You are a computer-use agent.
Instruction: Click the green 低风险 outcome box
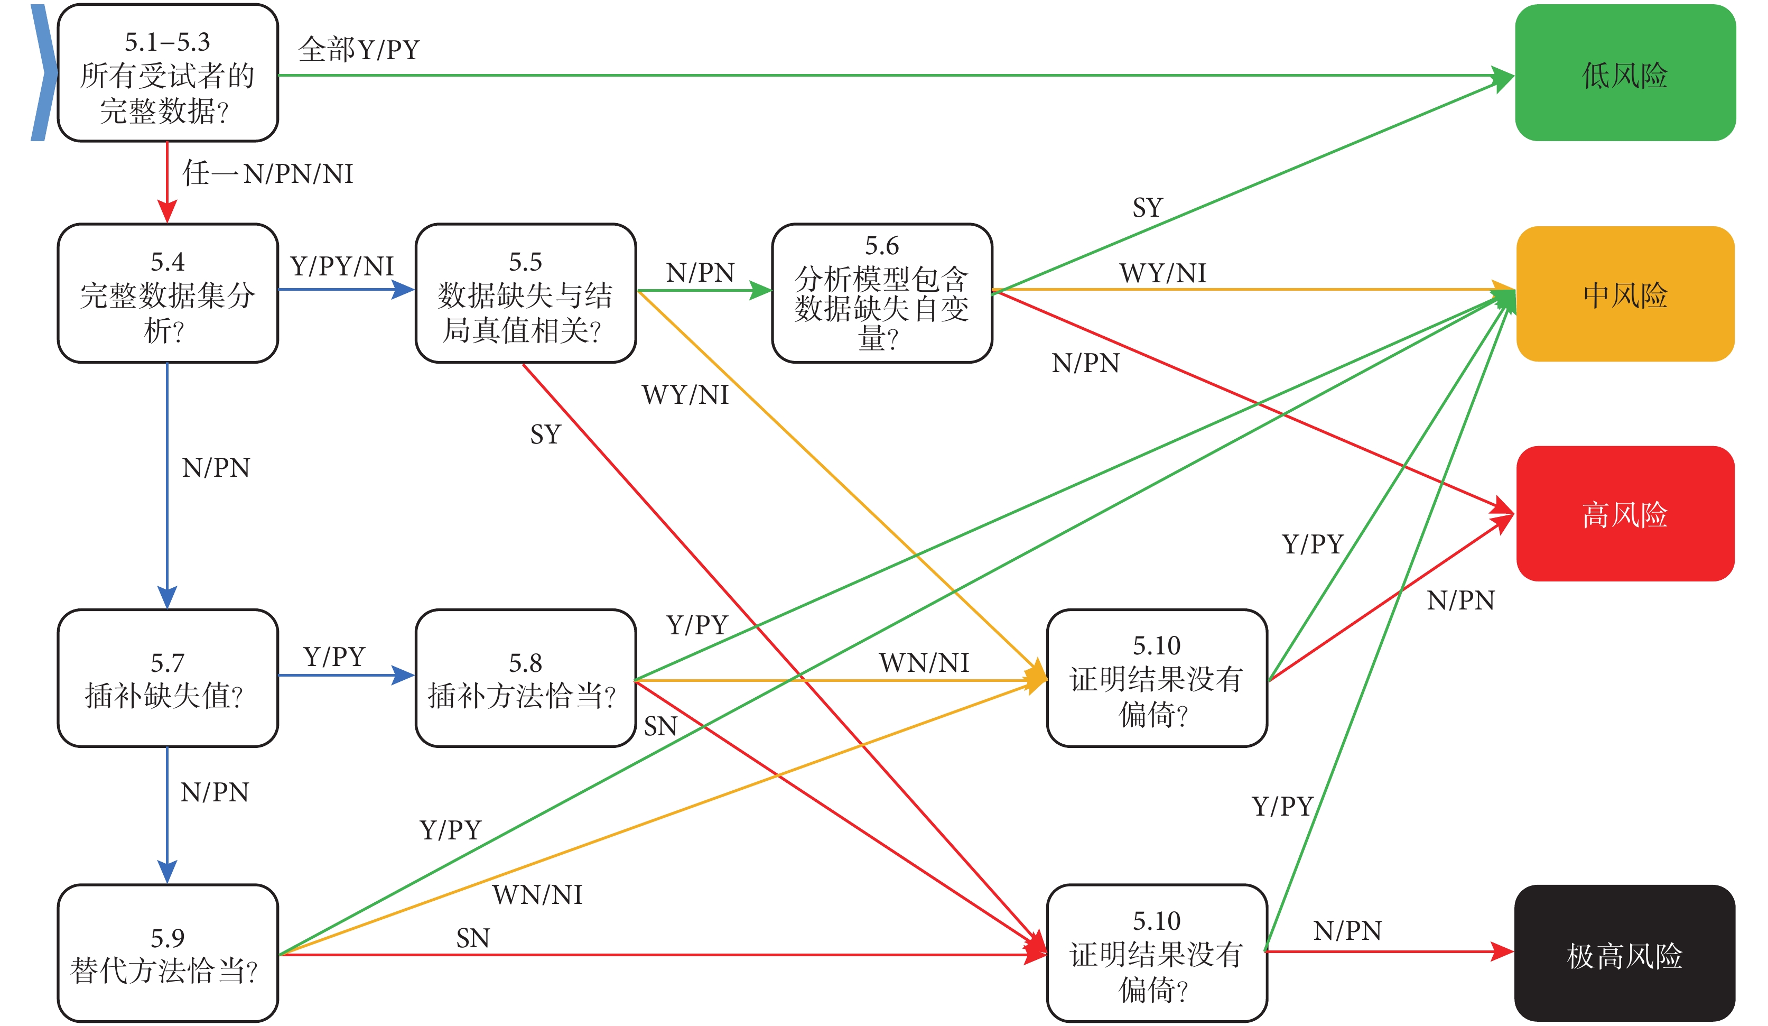(1625, 73)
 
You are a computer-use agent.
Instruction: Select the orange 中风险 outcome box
(1625, 294)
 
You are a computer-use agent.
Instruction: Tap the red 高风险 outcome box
(1625, 514)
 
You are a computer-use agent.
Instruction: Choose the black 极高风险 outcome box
(1625, 953)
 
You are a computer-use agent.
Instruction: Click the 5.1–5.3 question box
(168, 73)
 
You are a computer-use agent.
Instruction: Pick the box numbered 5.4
(168, 293)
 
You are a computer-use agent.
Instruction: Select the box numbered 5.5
(526, 293)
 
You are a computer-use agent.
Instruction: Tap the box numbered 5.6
(882, 293)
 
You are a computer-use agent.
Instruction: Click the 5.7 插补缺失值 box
(168, 678)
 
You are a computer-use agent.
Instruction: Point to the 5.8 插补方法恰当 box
(526, 678)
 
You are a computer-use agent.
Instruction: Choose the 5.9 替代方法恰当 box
(168, 953)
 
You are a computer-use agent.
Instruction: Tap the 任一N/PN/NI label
(268, 173)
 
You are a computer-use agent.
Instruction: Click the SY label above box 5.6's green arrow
(1148, 208)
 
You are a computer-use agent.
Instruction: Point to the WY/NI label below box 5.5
(685, 395)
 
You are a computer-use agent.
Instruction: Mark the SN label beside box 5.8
(660, 726)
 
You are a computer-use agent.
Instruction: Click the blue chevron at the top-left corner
(43, 73)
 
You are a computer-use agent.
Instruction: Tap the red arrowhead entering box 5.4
(167, 212)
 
